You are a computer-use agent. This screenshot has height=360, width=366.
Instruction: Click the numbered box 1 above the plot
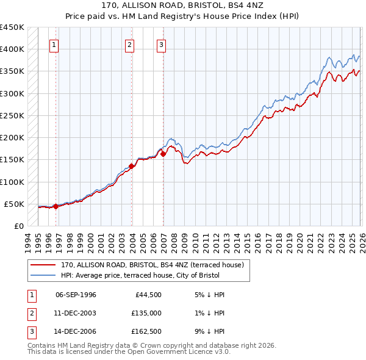coord(54,45)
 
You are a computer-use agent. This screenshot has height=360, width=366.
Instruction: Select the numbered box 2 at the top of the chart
coord(130,45)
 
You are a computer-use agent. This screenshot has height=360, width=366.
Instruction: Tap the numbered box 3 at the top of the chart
coord(161,45)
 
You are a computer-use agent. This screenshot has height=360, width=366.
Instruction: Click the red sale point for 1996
coord(56,206)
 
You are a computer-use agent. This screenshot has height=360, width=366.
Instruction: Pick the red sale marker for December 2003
coord(131,166)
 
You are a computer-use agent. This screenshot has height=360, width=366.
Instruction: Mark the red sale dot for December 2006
coord(163,154)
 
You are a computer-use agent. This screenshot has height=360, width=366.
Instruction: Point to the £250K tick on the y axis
coord(12,115)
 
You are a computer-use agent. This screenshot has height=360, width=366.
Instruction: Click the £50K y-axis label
coord(14,204)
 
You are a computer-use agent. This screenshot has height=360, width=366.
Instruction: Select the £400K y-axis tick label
coord(12,49)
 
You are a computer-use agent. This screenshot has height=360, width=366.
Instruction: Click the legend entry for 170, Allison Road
coord(152,265)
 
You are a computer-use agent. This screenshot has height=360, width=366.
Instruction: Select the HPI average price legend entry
coord(152,275)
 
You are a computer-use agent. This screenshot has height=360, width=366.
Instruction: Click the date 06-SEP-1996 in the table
coord(76,295)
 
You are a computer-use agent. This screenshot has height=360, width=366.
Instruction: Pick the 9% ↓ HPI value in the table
coord(207,333)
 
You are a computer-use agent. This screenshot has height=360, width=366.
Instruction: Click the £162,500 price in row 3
coord(147,333)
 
